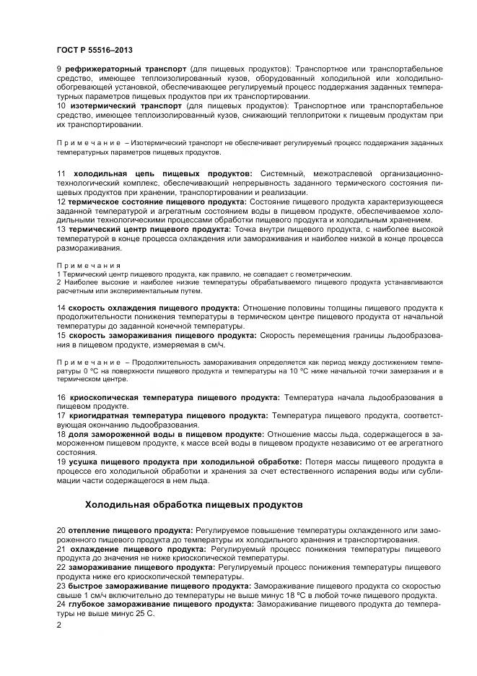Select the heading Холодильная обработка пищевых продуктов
tap(194, 503)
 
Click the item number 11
tap(61, 174)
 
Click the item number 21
tap(61, 549)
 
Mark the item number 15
tap(61, 335)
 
